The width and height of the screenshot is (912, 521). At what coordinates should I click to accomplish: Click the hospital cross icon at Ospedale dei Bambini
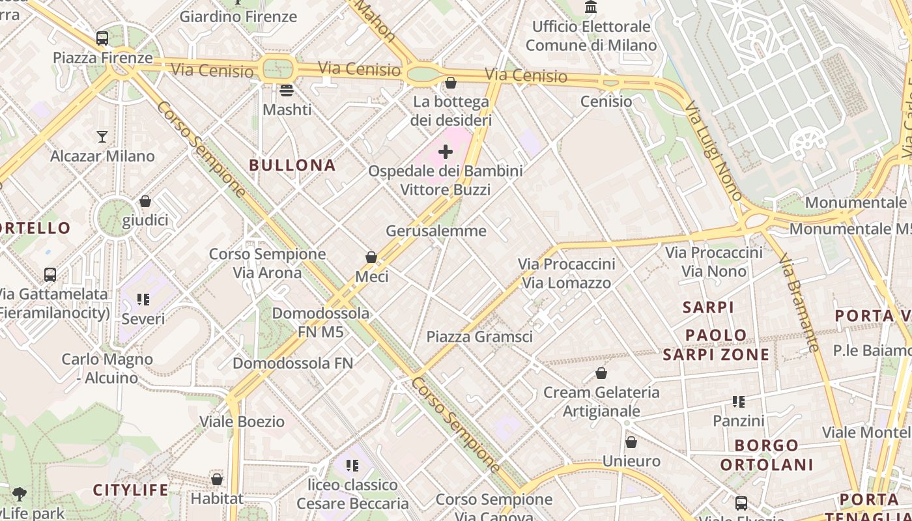tap(446, 152)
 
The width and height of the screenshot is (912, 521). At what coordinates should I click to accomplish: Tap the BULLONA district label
tap(292, 165)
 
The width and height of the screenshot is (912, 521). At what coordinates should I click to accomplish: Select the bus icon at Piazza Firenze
tap(102, 38)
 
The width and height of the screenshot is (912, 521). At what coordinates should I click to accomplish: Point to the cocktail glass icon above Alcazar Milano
tap(102, 137)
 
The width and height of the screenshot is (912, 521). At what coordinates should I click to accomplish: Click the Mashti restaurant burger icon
tap(287, 91)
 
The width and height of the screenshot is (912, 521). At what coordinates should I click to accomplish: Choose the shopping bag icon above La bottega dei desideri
tap(450, 83)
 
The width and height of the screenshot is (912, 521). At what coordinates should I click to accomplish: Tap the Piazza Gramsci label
tap(479, 337)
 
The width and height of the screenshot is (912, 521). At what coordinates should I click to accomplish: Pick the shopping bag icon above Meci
tap(371, 258)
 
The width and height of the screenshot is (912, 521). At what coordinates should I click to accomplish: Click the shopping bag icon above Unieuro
tap(631, 443)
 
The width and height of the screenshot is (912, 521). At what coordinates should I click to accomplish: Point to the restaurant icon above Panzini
tap(738, 402)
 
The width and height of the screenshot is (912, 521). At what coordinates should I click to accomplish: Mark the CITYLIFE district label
tap(130, 490)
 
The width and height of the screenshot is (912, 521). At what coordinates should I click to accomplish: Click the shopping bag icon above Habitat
tap(217, 480)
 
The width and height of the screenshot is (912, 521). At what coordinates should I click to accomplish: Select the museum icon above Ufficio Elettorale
tap(591, 7)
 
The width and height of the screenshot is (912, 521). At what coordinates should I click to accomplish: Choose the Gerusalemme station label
tap(436, 231)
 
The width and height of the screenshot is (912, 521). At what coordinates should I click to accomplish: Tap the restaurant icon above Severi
tap(143, 300)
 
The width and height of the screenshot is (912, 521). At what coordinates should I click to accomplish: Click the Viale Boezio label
tap(242, 421)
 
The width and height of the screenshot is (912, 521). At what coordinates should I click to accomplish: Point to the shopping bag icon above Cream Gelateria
tap(601, 374)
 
